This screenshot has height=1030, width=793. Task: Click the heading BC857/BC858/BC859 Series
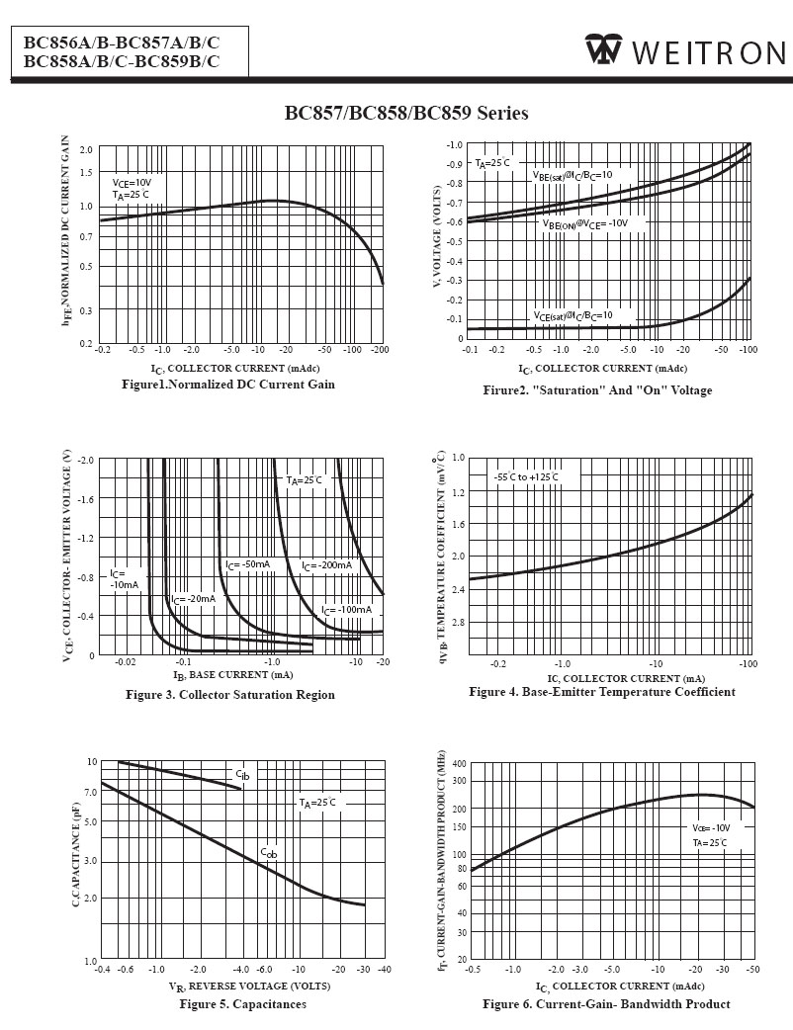[x=406, y=113]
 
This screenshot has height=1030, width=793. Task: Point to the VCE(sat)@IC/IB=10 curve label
[x=573, y=316]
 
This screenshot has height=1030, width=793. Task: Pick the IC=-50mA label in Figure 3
[x=248, y=564]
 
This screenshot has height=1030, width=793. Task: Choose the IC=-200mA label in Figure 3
[x=326, y=565]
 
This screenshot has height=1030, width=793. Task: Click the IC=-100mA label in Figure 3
[x=346, y=610]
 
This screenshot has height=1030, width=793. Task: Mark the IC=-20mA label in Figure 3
[x=193, y=599]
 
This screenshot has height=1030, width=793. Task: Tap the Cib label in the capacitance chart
[x=242, y=774]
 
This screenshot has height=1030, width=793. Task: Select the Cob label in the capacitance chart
[x=269, y=851]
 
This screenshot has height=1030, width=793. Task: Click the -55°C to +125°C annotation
[x=526, y=477]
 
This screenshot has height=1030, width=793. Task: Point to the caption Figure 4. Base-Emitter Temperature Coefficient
[x=601, y=692]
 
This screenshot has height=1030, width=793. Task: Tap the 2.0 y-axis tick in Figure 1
[x=86, y=150]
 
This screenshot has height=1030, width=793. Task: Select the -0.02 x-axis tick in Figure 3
[x=125, y=661]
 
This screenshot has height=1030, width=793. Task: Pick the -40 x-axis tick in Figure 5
[x=384, y=970]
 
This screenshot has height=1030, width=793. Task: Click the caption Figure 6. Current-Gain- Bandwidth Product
[x=606, y=1004]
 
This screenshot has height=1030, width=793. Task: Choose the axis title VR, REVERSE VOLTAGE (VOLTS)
[x=249, y=987]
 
